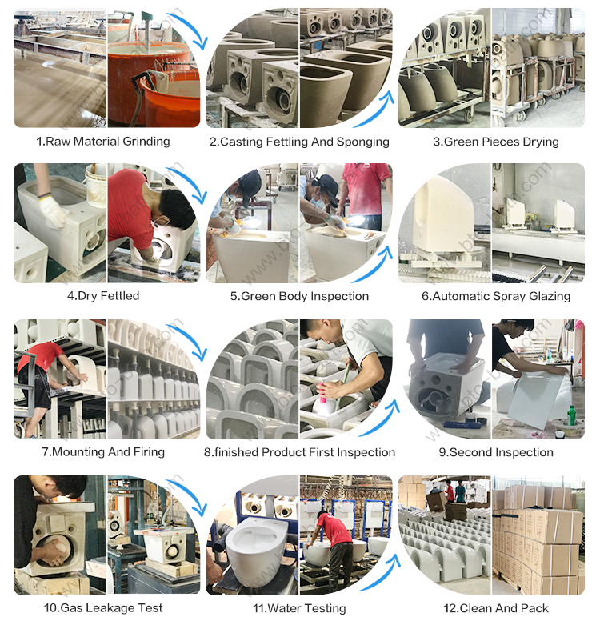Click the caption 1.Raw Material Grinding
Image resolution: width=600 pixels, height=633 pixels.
click(103, 142)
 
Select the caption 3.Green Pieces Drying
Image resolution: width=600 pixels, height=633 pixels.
click(496, 142)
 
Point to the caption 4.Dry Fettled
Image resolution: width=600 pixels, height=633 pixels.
click(103, 296)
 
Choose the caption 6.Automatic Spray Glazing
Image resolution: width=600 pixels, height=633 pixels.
click(496, 296)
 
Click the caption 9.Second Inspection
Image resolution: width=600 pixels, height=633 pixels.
click(496, 452)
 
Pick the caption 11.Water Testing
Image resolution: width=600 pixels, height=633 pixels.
click(299, 608)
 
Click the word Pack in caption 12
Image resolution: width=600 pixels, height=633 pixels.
click(534, 608)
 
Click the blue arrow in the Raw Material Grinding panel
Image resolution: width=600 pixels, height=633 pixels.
click(189, 28)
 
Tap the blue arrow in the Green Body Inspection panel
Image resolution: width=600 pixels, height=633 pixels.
click(374, 265)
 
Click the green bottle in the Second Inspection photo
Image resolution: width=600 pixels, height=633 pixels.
click(571, 415)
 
